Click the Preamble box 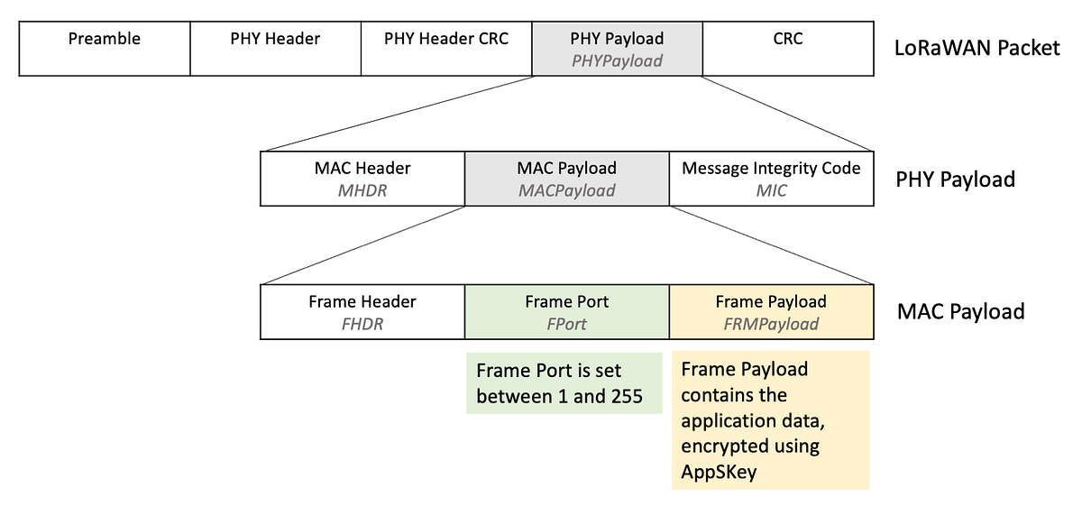click(x=105, y=50)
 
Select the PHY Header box click(x=275, y=50)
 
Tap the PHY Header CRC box click(x=446, y=50)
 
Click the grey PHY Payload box click(x=617, y=50)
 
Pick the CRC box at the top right click(x=787, y=50)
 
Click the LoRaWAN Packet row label click(x=977, y=48)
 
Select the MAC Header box click(x=362, y=179)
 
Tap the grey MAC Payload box click(x=566, y=179)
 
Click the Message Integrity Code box click(x=771, y=179)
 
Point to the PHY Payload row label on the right click(x=955, y=180)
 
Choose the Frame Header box click(x=362, y=312)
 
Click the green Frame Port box click(x=566, y=312)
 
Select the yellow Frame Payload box click(x=771, y=312)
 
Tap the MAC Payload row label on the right click(x=960, y=312)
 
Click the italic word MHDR click(x=362, y=190)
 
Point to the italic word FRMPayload click(x=771, y=324)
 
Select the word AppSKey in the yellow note click(x=718, y=472)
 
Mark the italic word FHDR click(x=362, y=324)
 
